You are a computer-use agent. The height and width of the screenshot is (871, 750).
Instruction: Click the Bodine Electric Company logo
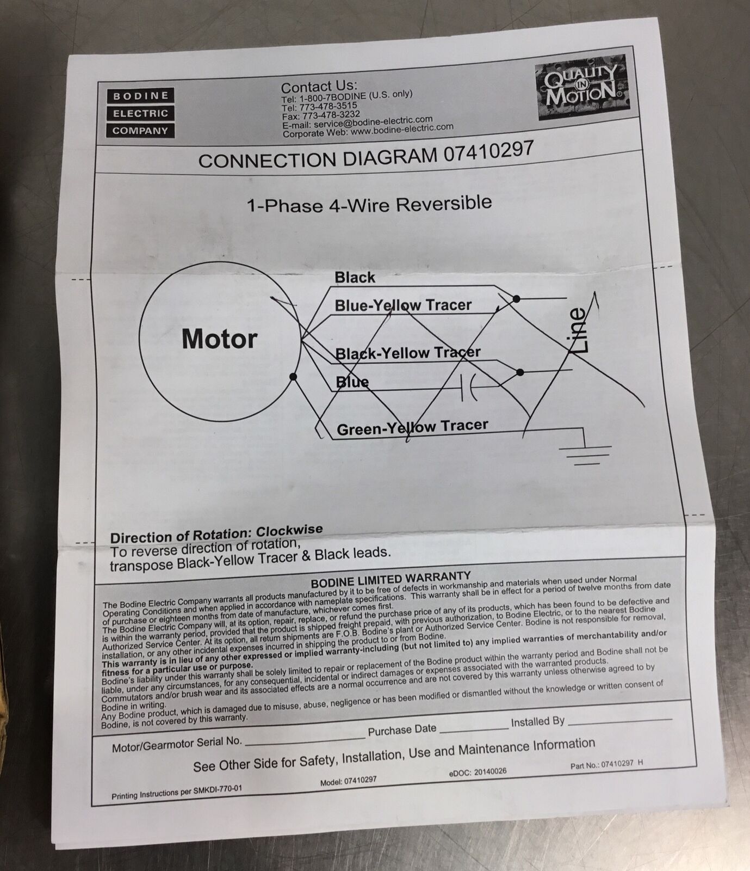point(140,113)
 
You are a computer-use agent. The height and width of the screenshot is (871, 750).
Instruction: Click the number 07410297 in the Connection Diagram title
point(488,152)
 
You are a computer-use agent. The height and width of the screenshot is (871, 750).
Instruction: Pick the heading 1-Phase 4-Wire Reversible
point(370,204)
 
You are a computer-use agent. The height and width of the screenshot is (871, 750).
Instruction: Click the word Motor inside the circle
point(219,339)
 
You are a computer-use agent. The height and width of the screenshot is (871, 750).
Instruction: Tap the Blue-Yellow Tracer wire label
point(403,305)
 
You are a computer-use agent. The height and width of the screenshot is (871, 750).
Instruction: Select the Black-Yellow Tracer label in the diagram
point(408,353)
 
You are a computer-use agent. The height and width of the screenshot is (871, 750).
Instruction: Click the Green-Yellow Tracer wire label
point(413,427)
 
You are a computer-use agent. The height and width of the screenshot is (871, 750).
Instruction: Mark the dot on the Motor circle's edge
point(293,377)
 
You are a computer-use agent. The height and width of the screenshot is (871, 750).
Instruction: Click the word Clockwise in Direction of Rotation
point(289,530)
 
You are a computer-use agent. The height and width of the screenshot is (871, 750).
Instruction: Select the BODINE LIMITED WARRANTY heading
point(391,578)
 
